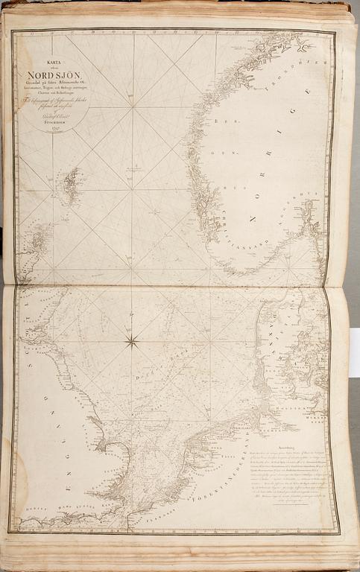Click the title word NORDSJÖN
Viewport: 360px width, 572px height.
coord(54,76)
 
